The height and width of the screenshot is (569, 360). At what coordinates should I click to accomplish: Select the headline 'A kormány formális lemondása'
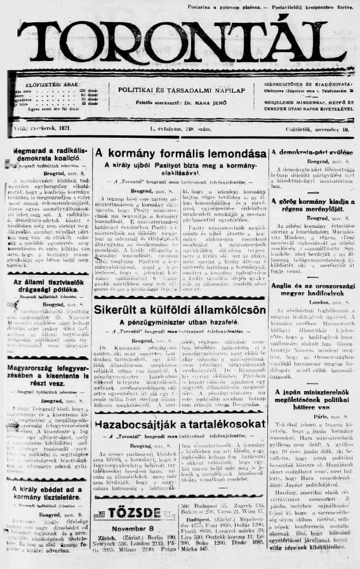(x=180, y=153)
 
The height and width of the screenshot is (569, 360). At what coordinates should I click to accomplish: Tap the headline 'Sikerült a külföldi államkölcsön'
(x=180, y=310)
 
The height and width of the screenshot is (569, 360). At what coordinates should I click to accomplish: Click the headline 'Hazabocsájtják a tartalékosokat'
(x=180, y=423)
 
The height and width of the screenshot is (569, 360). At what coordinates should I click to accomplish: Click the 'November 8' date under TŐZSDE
(x=132, y=528)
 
